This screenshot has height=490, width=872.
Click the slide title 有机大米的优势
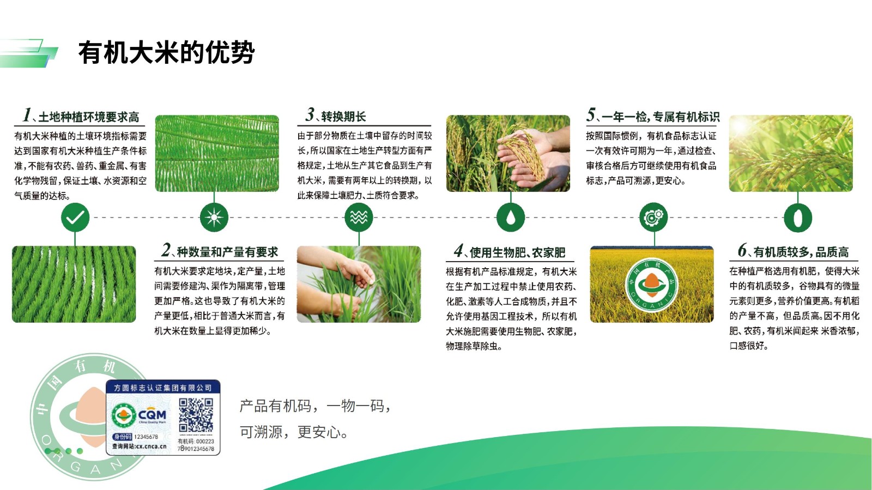pyautogui.click(x=167, y=52)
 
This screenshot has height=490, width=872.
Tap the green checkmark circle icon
pyautogui.click(x=75, y=217)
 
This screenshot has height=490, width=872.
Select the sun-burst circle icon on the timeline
pyautogui.click(x=214, y=217)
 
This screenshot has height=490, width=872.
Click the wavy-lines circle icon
pyautogui.click(x=359, y=217)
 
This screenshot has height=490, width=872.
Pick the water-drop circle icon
pyautogui.click(x=510, y=217)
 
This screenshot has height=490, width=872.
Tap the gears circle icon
pyautogui.click(x=653, y=217)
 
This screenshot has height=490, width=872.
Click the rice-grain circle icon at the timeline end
pyautogui.click(x=798, y=217)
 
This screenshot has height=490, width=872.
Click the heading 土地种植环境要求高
pyautogui.click(x=89, y=117)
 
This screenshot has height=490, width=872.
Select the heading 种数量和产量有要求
pyautogui.click(x=227, y=252)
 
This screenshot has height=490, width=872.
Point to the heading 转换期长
pyautogui.click(x=343, y=117)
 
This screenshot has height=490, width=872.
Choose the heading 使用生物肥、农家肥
pyautogui.click(x=517, y=252)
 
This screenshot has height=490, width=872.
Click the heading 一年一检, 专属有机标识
pyautogui.click(x=660, y=117)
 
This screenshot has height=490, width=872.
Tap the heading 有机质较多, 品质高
pyautogui.click(x=801, y=252)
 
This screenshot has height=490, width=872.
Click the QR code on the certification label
pyautogui.click(x=196, y=415)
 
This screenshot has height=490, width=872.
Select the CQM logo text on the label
pyautogui.click(x=152, y=415)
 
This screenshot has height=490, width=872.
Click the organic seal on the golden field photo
pyautogui.click(x=652, y=285)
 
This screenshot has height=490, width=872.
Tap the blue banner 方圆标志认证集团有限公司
pyautogui.click(x=163, y=388)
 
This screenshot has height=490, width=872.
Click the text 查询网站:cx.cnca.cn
pyautogui.click(x=140, y=446)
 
